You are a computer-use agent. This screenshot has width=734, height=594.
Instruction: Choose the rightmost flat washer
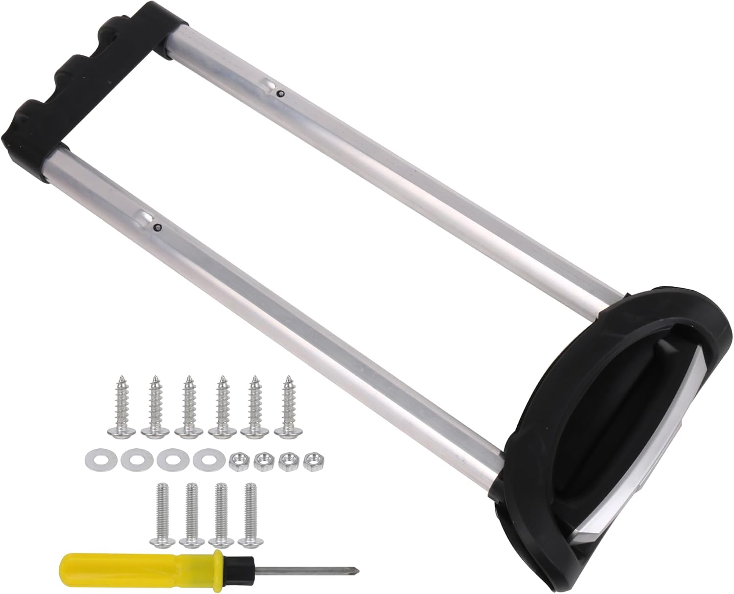[x=205, y=460]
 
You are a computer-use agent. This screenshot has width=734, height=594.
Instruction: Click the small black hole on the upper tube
[x=279, y=93]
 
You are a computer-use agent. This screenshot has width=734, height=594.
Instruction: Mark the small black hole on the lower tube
[x=158, y=227]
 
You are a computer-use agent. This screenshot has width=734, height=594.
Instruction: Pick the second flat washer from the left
[x=133, y=460]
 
